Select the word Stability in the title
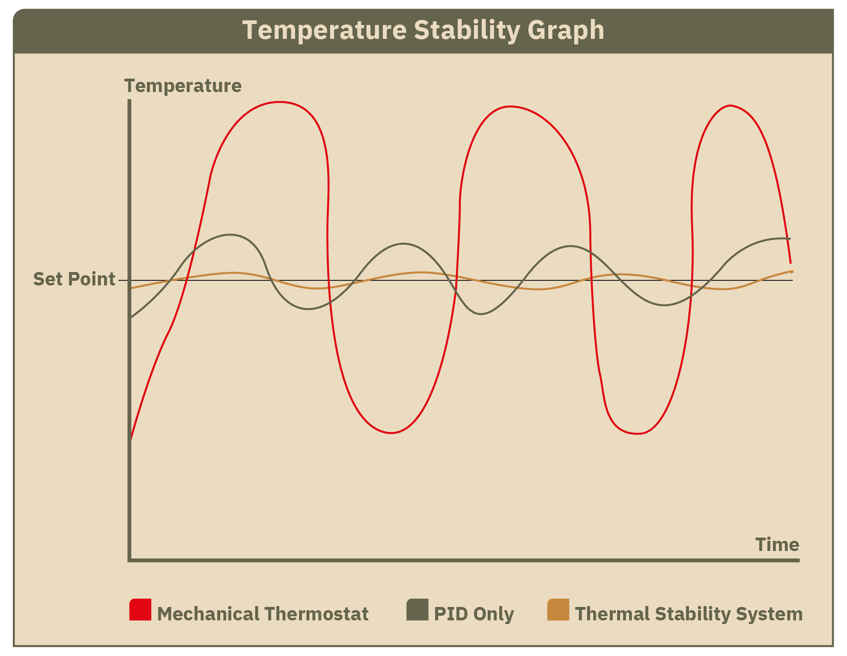[x=467, y=31]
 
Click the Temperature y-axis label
[x=183, y=87]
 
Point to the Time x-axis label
[x=777, y=545]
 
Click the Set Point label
[x=74, y=279]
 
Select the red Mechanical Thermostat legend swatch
[x=140, y=609]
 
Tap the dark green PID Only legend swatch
[x=417, y=609]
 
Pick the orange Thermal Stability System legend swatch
[x=558, y=609]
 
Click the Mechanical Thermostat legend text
[x=263, y=614]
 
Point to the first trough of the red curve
[x=391, y=433]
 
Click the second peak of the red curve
[x=509, y=106]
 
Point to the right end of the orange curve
[x=792, y=272]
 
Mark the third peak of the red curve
[x=730, y=105]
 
